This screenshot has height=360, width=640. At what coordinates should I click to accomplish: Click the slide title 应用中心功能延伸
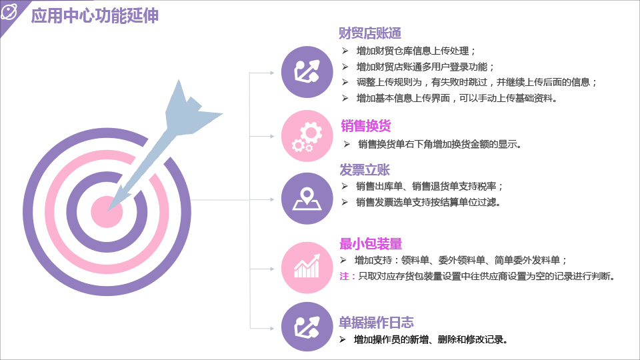pos(95,16)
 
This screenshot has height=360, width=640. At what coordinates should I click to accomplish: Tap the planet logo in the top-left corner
pos(9,11)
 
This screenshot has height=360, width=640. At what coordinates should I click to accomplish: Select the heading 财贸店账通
pos(370,33)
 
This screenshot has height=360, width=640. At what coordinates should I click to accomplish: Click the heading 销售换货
pos(366,126)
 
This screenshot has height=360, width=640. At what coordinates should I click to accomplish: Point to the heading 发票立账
pos(365,169)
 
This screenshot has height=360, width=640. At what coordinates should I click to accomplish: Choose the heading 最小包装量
pos(371,244)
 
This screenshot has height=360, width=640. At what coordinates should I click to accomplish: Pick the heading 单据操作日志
pos(376,323)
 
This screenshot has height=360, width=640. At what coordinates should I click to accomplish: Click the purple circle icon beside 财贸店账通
pos(307,72)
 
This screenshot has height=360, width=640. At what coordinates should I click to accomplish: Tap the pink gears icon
pos(307,136)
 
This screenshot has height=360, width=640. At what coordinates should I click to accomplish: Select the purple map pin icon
pos(307,199)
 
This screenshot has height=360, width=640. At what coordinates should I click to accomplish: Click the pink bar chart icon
pos(307,268)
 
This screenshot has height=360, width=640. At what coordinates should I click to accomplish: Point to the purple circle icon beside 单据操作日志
pos(307,327)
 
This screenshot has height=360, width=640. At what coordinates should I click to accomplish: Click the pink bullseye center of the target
pos(107,212)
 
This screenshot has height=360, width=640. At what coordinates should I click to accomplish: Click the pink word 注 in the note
pos(344,276)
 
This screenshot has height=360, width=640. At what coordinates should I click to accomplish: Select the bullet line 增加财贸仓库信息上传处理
pos(415,51)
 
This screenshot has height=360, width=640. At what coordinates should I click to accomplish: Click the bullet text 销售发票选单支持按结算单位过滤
pos(428,202)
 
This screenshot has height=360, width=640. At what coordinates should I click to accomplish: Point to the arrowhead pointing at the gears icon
pos(272,136)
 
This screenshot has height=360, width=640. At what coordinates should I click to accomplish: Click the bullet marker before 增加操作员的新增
pos(343,339)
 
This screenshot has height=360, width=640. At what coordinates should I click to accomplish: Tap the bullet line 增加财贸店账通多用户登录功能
pos(425,67)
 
